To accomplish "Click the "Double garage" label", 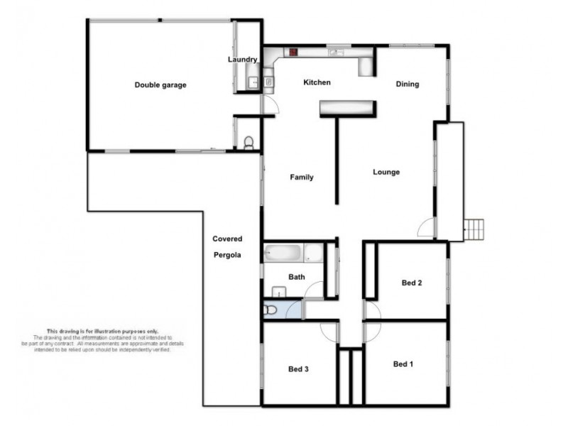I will click(x=160, y=85).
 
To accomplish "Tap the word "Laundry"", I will click(x=242, y=60).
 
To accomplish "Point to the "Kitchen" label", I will click(x=317, y=82).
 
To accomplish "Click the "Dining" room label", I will click(x=408, y=84).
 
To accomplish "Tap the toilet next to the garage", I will click(x=248, y=143).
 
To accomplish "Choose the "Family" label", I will click(x=301, y=177).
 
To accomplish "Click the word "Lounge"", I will click(x=386, y=172).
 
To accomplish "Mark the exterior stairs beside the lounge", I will click(x=474, y=229).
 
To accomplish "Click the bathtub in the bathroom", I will click(x=283, y=252).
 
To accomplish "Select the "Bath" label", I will click(x=296, y=277).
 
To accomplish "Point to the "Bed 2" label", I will click(x=412, y=283).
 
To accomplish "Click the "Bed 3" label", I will click(x=298, y=369).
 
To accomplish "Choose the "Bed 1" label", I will click(x=403, y=364).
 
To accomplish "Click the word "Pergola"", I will click(x=227, y=254).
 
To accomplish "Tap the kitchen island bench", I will click(x=346, y=107).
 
